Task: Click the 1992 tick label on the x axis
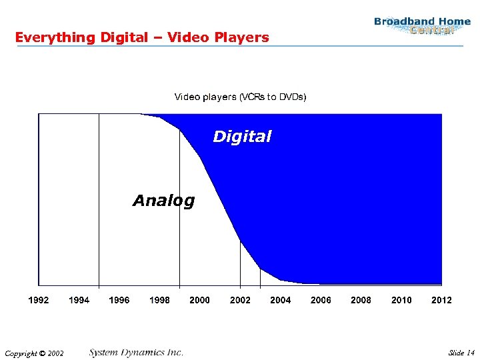[x=38, y=300]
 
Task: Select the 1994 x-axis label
[x=79, y=300]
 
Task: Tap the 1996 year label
[x=119, y=300]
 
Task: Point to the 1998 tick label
[x=159, y=300]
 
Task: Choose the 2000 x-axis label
[x=199, y=300]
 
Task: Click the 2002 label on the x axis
[x=240, y=300]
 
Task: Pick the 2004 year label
[x=280, y=300]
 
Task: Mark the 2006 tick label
[x=321, y=300]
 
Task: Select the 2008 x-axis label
[x=361, y=300]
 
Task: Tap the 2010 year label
[x=401, y=300]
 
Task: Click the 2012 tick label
[x=441, y=300]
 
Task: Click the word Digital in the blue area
[x=242, y=137]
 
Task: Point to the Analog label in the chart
[x=163, y=200]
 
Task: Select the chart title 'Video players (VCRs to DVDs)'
[x=240, y=97]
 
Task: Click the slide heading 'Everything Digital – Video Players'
[x=142, y=37]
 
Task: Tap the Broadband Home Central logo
[x=423, y=25]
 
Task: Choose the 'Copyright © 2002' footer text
[x=33, y=353]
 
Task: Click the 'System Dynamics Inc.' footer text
[x=136, y=352]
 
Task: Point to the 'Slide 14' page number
[x=461, y=353]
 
